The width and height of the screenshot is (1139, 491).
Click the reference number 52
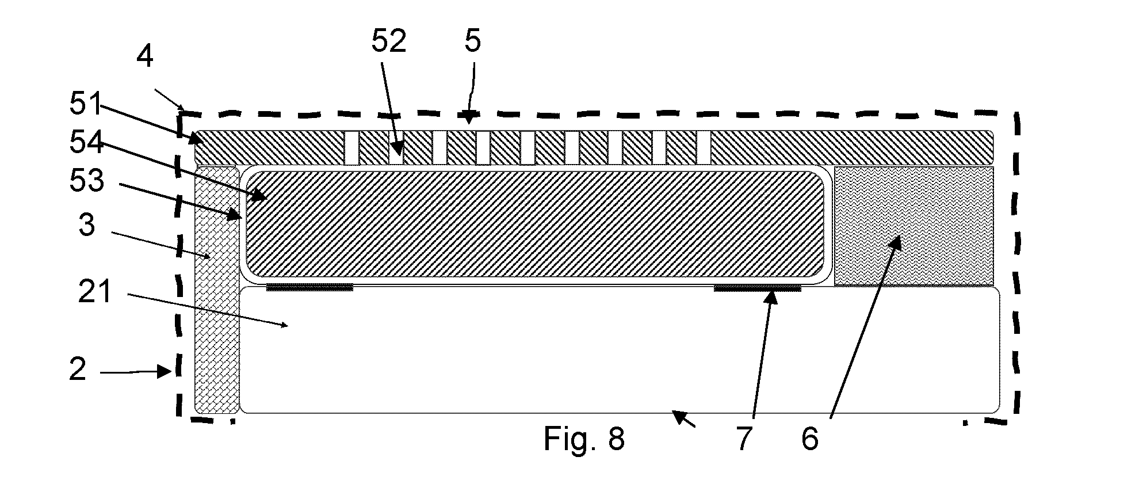click(x=388, y=41)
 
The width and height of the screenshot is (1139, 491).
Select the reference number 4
click(x=145, y=57)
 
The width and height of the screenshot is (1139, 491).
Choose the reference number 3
click(x=87, y=225)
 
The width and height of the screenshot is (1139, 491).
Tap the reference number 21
click(x=95, y=291)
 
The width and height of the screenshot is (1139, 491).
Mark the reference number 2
click(x=78, y=368)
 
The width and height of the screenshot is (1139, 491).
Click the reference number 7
click(x=744, y=439)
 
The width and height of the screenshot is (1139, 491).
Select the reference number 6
click(x=810, y=439)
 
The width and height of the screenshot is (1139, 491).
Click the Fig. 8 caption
click(x=584, y=439)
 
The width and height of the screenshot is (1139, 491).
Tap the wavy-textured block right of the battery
click(x=914, y=226)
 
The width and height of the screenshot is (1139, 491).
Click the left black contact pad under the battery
click(x=309, y=287)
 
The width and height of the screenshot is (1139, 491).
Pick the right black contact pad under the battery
click(x=757, y=287)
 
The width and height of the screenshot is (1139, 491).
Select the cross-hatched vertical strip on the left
click(x=217, y=290)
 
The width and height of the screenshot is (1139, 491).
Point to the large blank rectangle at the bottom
click(x=620, y=350)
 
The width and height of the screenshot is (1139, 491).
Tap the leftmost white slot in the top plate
click(x=351, y=148)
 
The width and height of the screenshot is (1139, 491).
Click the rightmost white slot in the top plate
click(x=704, y=148)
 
